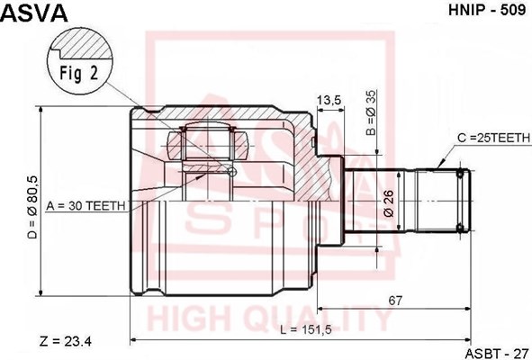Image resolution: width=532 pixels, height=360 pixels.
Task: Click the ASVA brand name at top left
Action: click(x=35, y=13)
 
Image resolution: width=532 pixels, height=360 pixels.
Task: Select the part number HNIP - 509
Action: click(x=487, y=10)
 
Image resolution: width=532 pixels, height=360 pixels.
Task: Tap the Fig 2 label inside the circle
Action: click(x=79, y=73)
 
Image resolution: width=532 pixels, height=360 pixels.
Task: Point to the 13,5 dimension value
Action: click(x=329, y=100)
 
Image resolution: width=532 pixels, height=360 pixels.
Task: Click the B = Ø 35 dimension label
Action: click(x=372, y=113)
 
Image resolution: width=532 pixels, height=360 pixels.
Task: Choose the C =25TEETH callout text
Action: click(x=493, y=138)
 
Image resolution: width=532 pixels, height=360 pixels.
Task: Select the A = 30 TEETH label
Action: click(x=86, y=205)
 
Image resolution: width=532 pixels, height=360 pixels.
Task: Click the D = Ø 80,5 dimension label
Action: click(x=33, y=207)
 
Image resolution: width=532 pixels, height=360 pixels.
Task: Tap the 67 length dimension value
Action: click(x=395, y=301)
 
